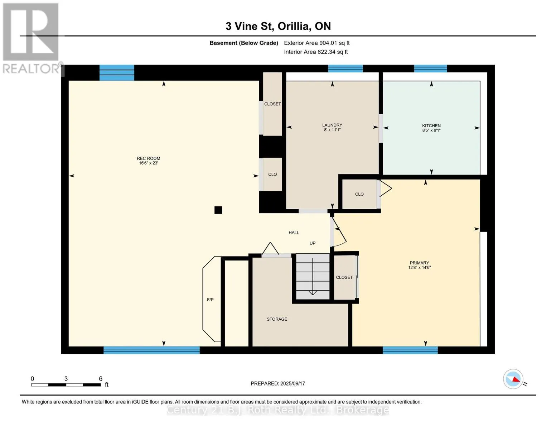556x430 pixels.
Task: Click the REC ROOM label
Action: tap(149, 158)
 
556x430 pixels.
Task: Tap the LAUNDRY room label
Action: tap(332, 125)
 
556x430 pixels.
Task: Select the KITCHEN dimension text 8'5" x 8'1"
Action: tap(431, 130)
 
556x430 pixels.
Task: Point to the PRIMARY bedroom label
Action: tap(419, 263)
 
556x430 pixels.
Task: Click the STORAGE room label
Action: tap(277, 319)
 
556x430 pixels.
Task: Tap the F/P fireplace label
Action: tap(210, 300)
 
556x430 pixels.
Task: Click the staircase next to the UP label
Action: tap(313, 276)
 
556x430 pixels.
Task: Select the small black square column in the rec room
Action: tap(218, 210)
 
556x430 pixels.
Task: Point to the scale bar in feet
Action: tap(66, 385)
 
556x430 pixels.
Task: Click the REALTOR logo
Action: tap(31, 38)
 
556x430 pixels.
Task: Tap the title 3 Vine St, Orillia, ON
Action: tap(278, 26)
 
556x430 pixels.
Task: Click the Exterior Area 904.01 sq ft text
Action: tap(317, 43)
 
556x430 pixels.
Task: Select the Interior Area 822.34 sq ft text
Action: tap(316, 52)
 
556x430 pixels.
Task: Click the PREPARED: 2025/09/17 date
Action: tap(278, 383)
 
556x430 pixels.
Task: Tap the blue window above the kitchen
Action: tap(430, 69)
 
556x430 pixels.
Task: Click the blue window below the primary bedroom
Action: tap(410, 350)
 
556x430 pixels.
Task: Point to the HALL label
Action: tap(294, 233)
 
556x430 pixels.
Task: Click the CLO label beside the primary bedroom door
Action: tap(359, 194)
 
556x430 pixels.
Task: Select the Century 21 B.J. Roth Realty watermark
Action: tap(278, 410)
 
